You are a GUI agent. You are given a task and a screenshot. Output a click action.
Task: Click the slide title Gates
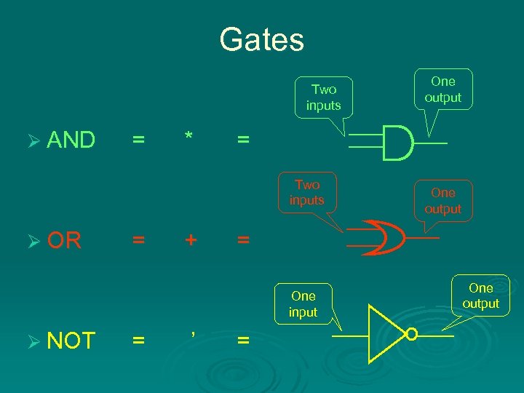coord(261,39)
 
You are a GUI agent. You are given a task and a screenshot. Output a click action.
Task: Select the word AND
coord(71,140)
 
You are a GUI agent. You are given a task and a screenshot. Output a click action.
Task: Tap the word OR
coord(64,240)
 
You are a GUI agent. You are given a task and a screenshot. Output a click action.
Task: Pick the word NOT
coord(71,340)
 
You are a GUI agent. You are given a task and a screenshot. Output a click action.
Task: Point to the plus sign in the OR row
coord(190,239)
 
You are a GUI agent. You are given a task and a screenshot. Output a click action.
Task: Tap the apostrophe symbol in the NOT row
coord(192,334)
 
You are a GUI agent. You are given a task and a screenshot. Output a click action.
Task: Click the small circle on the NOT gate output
coord(412,335)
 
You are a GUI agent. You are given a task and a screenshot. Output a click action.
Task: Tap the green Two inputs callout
coord(324,97)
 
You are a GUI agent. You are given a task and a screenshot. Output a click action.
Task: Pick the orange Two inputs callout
coord(307,192)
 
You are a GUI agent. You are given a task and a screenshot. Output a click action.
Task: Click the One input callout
coord(303,304)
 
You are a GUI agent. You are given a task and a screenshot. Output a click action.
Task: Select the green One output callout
coord(442,89)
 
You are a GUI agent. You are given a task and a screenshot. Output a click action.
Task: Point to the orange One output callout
coord(442,200)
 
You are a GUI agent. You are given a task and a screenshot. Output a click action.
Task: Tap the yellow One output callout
coord(481,295)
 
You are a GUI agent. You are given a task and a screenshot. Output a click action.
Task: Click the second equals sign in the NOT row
coord(242,340)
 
